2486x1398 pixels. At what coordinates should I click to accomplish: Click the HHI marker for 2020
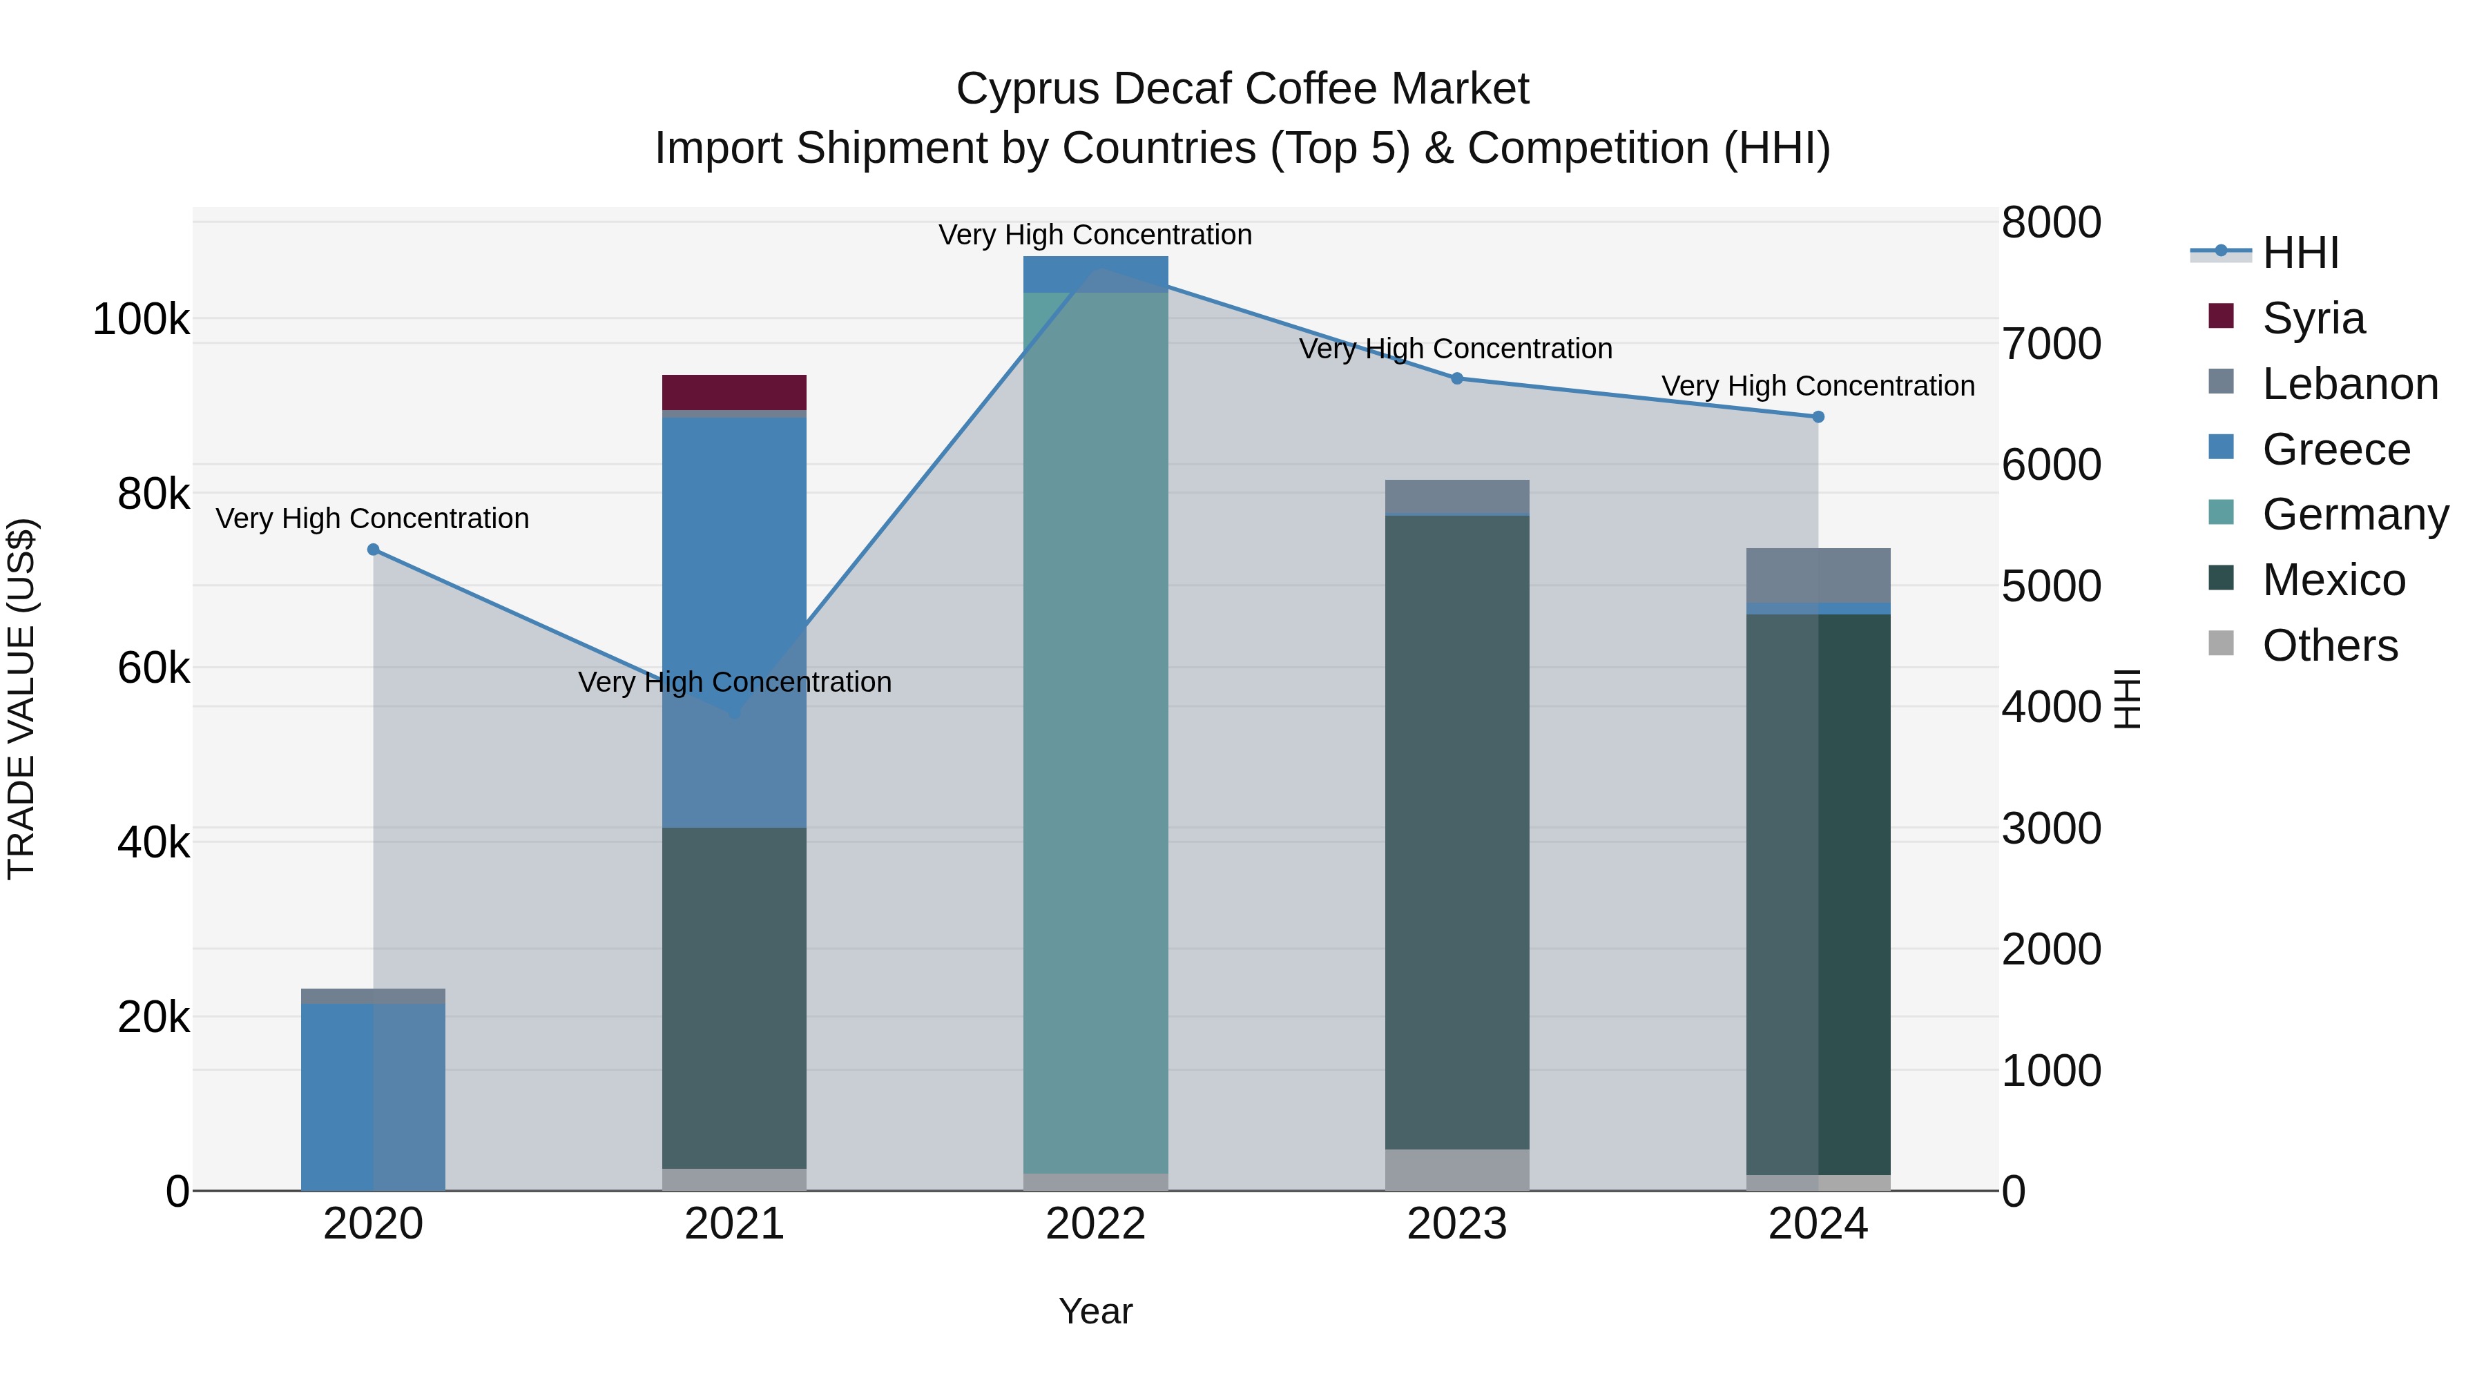pyautogui.click(x=374, y=550)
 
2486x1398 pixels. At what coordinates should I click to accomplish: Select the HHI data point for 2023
pyautogui.click(x=1457, y=378)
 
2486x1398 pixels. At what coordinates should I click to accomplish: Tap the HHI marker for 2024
pyautogui.click(x=1818, y=417)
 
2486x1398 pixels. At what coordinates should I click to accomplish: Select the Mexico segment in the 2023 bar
pyautogui.click(x=1457, y=830)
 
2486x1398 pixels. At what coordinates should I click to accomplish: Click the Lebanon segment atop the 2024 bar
pyautogui.click(x=1818, y=575)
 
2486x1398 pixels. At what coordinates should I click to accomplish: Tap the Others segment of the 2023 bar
pyautogui.click(x=1457, y=1169)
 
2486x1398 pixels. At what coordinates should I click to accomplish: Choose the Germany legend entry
pyautogui.click(x=2355, y=514)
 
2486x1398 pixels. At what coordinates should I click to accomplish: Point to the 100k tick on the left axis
pyautogui.click(x=141, y=320)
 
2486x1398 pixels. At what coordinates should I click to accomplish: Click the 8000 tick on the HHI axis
pyautogui.click(x=2052, y=223)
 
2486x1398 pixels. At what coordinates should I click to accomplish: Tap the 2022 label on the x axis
pyautogui.click(x=1095, y=1224)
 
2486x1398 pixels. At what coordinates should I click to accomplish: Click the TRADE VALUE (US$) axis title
pyautogui.click(x=22, y=699)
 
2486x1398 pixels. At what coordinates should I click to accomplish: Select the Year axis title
pyautogui.click(x=1095, y=1311)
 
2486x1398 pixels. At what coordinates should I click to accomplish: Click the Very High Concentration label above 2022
pyautogui.click(x=1095, y=235)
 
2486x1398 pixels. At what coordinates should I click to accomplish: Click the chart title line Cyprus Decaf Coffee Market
pyautogui.click(x=1242, y=89)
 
